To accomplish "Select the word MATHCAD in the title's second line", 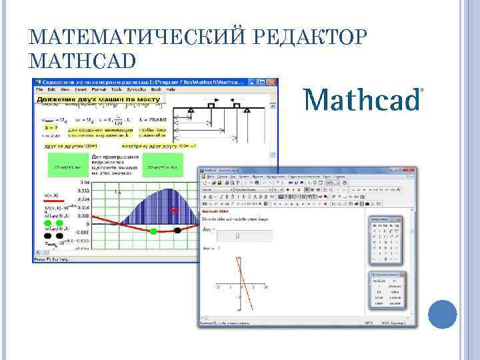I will pos(83,61).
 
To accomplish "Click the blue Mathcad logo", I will pos(363,100).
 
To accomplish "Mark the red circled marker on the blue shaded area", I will pos(175,211).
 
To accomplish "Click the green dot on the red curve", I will pos(154,231).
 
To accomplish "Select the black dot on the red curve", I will pos(177,231).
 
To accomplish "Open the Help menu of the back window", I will pos(171,89).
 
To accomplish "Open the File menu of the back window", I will pos(40,89).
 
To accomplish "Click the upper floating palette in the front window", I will pos(385,240).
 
